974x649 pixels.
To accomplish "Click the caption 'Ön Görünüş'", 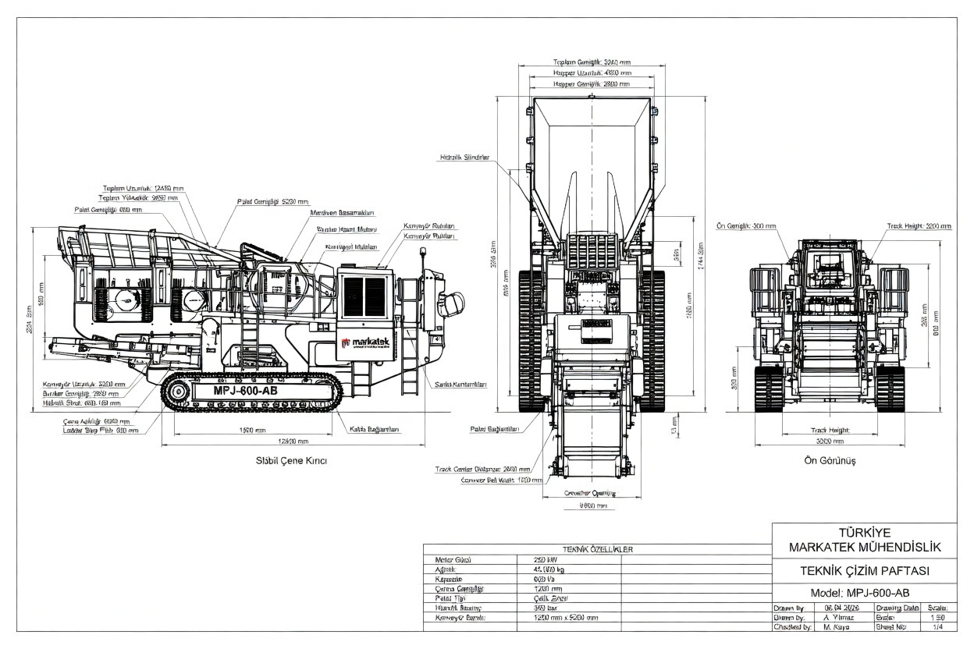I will [x=830, y=460].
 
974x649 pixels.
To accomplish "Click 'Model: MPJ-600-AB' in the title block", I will [x=864, y=592].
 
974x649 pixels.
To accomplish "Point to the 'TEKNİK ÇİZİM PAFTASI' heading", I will [x=864, y=570].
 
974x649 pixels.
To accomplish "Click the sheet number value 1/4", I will [x=938, y=626].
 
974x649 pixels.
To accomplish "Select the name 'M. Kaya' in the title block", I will [x=836, y=626].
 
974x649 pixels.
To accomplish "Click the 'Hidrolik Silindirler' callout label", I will [x=464, y=157].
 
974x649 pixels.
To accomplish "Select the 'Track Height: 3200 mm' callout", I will [x=919, y=226].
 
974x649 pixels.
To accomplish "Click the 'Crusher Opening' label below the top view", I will [x=589, y=493].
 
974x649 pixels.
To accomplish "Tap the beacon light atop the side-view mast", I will [x=422, y=252].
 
